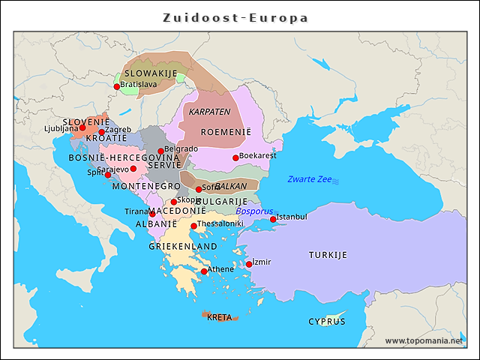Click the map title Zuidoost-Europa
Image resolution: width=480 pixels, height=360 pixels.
point(235,17)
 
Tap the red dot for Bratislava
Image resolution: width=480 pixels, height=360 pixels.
point(117,86)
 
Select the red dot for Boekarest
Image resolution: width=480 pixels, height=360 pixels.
point(235,157)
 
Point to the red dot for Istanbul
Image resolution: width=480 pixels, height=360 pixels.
point(273,219)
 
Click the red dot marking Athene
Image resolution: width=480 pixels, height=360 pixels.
point(204,271)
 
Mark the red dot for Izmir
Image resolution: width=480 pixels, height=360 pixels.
point(249,264)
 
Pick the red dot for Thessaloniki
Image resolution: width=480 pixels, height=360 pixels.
point(193,226)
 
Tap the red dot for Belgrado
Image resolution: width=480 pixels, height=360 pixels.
point(160,151)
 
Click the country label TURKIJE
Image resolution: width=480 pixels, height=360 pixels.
point(328,255)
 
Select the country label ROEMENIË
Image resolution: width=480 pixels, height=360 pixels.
point(225,132)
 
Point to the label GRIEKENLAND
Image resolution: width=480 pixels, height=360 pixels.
point(182,246)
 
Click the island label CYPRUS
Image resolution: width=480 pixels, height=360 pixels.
point(327,321)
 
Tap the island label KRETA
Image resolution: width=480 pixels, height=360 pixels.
point(219,316)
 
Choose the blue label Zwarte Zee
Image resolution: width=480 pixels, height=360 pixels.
point(309,179)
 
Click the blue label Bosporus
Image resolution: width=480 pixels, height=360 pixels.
point(254,211)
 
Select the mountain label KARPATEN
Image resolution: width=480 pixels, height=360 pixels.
point(209,112)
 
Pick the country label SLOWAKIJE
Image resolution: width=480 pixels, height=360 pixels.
point(150,73)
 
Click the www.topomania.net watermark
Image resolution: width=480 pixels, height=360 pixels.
point(424,340)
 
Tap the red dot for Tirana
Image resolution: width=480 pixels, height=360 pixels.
point(153,214)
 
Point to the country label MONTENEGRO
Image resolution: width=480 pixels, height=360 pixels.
point(145,186)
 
